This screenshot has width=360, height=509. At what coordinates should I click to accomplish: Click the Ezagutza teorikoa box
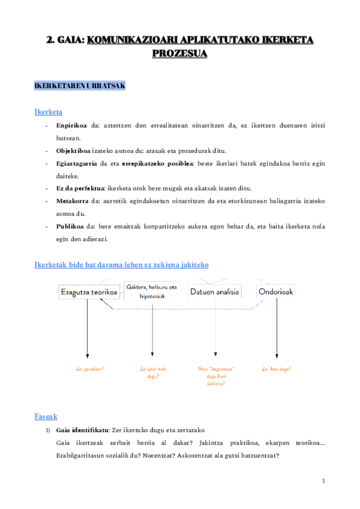(x=87, y=292)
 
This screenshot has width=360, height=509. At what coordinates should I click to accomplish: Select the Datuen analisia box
(x=215, y=292)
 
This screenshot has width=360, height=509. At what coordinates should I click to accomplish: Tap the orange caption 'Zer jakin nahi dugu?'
(x=152, y=372)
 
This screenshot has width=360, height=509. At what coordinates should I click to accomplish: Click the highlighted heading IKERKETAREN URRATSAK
(x=80, y=86)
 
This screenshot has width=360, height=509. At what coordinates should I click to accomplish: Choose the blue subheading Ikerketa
(x=49, y=112)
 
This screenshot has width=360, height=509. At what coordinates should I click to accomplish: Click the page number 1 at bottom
(x=323, y=481)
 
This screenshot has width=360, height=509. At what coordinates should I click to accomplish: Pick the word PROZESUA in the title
(x=179, y=53)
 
